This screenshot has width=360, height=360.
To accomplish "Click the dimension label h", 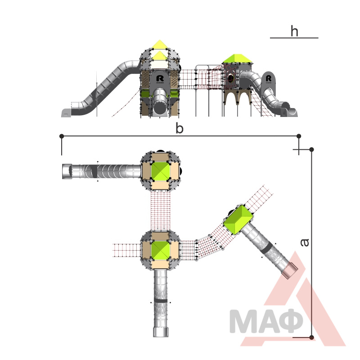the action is pos(294,31).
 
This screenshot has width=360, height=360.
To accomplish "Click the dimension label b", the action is pos(180,128).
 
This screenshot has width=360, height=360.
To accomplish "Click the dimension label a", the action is pos(305,243).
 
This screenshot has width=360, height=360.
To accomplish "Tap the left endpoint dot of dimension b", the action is pos(62,136).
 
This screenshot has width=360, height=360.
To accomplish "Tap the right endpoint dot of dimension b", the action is pos(299,136).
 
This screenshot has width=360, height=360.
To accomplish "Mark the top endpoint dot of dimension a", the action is pos(311,149).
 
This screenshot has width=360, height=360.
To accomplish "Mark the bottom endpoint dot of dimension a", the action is pos(311,337).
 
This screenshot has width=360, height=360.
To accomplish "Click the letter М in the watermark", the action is pos(241,321).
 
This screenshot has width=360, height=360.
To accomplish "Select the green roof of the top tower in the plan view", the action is pos(160,171).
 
